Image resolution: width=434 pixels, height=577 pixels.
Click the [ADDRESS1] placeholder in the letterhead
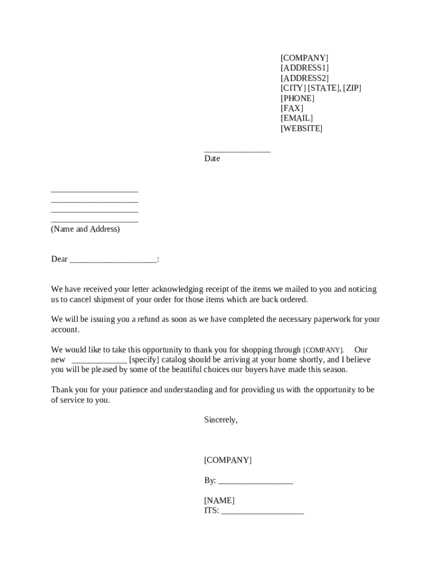click(x=304, y=68)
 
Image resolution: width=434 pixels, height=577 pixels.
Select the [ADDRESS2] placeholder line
click(x=304, y=78)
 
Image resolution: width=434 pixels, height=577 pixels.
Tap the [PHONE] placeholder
click(x=298, y=98)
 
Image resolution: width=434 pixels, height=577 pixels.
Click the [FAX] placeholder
click(x=292, y=108)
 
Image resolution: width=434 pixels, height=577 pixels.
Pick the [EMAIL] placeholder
click(x=296, y=118)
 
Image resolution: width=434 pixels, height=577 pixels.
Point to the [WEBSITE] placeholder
click(x=302, y=128)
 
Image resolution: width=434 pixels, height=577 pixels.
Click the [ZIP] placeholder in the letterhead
click(x=352, y=88)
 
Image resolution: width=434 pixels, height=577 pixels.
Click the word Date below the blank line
click(x=212, y=159)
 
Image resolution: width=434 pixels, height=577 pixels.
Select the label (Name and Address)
click(x=85, y=229)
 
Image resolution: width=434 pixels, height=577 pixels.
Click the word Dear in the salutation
click(x=59, y=259)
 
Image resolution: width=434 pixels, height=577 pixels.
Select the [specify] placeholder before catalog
click(x=144, y=360)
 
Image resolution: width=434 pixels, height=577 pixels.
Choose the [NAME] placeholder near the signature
click(x=219, y=501)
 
